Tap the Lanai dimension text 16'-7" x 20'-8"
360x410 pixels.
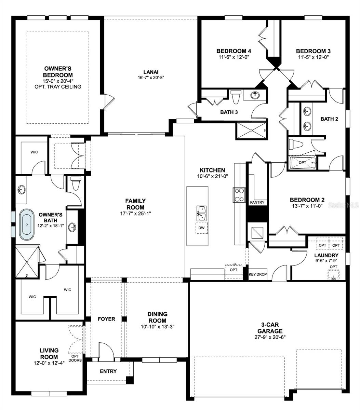click(150, 78)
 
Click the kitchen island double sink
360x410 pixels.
click(201, 213)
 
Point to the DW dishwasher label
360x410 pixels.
click(201, 228)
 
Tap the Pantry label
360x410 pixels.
click(257, 202)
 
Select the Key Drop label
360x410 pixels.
click(257, 274)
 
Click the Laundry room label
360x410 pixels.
click(326, 255)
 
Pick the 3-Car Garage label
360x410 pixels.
click(270, 328)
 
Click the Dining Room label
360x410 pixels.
click(157, 317)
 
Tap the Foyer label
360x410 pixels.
click(106, 319)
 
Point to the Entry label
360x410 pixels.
click(108, 371)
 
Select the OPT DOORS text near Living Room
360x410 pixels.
click(75, 358)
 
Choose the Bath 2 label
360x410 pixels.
click(329, 119)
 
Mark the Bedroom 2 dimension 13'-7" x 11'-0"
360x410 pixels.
click(307, 206)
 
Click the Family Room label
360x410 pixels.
click(135, 204)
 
